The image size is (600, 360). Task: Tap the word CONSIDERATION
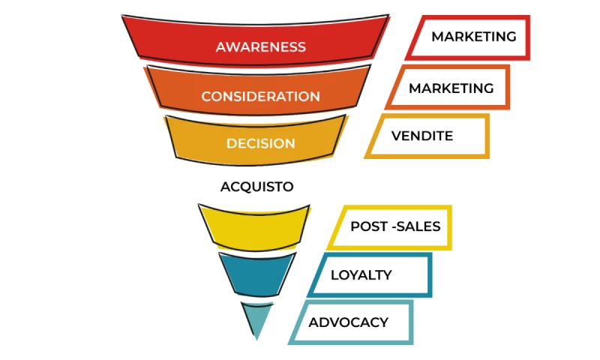point(260,97)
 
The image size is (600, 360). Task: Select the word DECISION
point(260,143)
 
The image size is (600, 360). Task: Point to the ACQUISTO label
point(256,187)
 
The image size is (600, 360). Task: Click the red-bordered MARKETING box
point(473,36)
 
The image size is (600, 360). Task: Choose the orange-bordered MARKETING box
point(451,88)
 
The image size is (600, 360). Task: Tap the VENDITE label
point(422,136)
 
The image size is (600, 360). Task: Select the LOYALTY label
point(361,274)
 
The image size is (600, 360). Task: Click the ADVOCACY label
point(348,322)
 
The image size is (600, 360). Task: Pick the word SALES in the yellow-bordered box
point(418,226)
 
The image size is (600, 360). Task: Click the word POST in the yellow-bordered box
point(368,226)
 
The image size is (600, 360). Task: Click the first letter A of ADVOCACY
point(313,322)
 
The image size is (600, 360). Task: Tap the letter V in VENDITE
point(396,136)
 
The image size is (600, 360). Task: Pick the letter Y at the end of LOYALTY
point(387,274)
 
